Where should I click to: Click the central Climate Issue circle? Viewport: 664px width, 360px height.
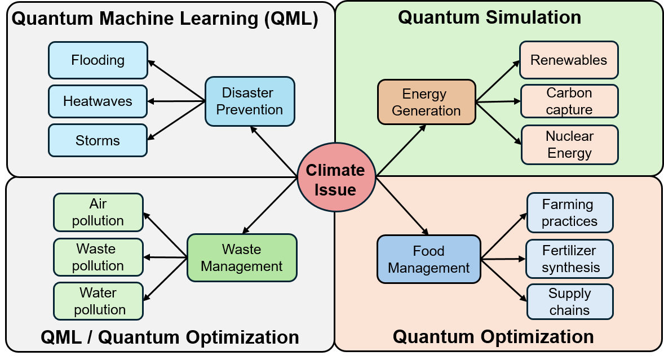(x=336, y=179)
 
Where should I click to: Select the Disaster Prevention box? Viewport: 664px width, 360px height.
(x=250, y=101)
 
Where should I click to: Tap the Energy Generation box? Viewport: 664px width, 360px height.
(x=426, y=102)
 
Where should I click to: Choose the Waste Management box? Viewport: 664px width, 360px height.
(x=242, y=257)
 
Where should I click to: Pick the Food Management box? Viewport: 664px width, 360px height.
(x=428, y=259)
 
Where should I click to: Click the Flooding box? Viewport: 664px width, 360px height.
(x=98, y=60)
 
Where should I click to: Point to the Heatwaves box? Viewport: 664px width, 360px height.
(x=98, y=101)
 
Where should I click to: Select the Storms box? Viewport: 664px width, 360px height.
(x=98, y=140)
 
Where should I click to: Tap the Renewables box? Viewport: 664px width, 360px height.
(x=569, y=60)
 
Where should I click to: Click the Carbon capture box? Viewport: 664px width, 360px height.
(x=569, y=101)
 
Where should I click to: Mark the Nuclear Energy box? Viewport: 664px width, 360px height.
(x=569, y=145)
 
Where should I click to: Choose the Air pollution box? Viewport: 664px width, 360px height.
(x=98, y=212)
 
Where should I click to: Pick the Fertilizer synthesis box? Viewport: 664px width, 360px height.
(x=570, y=259)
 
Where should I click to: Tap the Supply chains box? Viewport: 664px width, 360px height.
(x=569, y=302)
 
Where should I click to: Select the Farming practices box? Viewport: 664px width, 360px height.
(x=569, y=212)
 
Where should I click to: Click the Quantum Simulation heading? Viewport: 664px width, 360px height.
(x=489, y=17)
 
